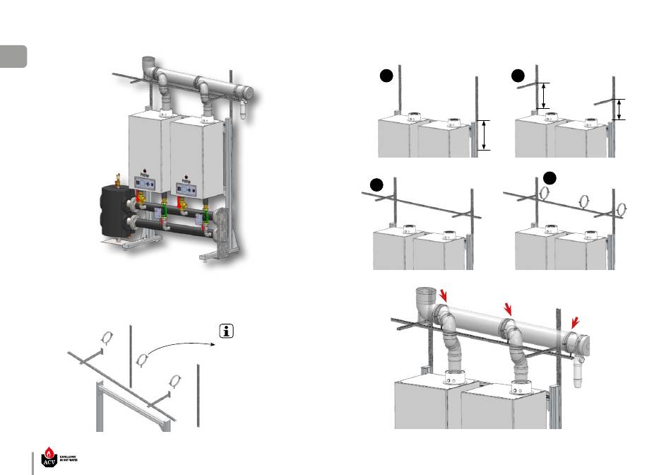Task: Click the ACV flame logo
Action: click(49, 456)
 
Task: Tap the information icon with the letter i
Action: click(227, 332)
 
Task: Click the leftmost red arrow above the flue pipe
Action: click(444, 295)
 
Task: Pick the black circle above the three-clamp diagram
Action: click(552, 173)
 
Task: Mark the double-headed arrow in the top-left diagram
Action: click(485, 134)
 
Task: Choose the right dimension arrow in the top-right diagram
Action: click(619, 109)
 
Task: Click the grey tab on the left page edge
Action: click(13, 56)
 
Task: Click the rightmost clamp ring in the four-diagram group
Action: click(622, 209)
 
